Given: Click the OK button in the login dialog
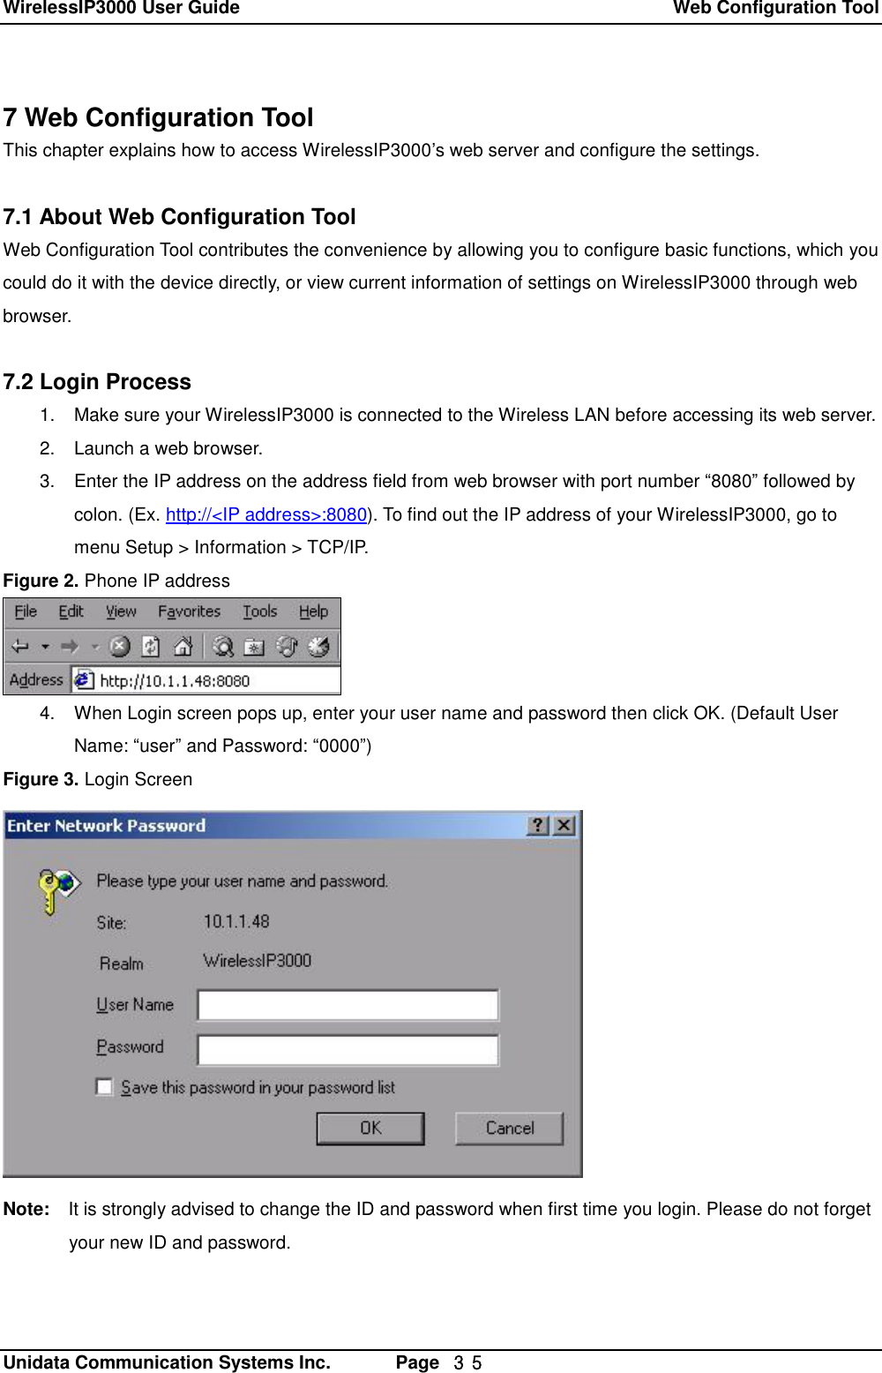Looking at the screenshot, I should click(x=370, y=1128).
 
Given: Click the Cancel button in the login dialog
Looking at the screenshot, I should click(x=509, y=1128).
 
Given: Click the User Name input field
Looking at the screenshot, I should click(x=348, y=1005).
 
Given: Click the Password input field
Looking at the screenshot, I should click(x=348, y=1049).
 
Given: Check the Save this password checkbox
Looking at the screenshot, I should click(x=104, y=1086).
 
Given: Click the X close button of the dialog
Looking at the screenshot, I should click(x=564, y=825).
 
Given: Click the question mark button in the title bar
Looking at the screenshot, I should click(x=538, y=825).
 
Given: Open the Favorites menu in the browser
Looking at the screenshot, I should click(x=189, y=611).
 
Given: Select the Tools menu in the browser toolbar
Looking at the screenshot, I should click(x=259, y=611).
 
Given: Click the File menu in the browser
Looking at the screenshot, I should click(x=26, y=611).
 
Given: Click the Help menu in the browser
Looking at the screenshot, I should click(x=313, y=611).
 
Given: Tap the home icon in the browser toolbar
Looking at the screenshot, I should click(x=183, y=647).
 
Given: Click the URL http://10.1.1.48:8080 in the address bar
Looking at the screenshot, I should click(x=175, y=680).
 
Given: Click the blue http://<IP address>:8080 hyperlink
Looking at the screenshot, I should click(x=265, y=514).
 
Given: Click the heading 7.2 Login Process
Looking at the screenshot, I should click(x=97, y=382).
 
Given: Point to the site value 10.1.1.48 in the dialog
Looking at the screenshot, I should click(x=236, y=921).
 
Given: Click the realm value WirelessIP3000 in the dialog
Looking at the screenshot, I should click(x=257, y=960).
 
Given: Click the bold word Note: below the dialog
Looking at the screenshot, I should click(x=26, y=1209).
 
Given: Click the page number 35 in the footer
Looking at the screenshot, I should click(x=467, y=1362).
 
